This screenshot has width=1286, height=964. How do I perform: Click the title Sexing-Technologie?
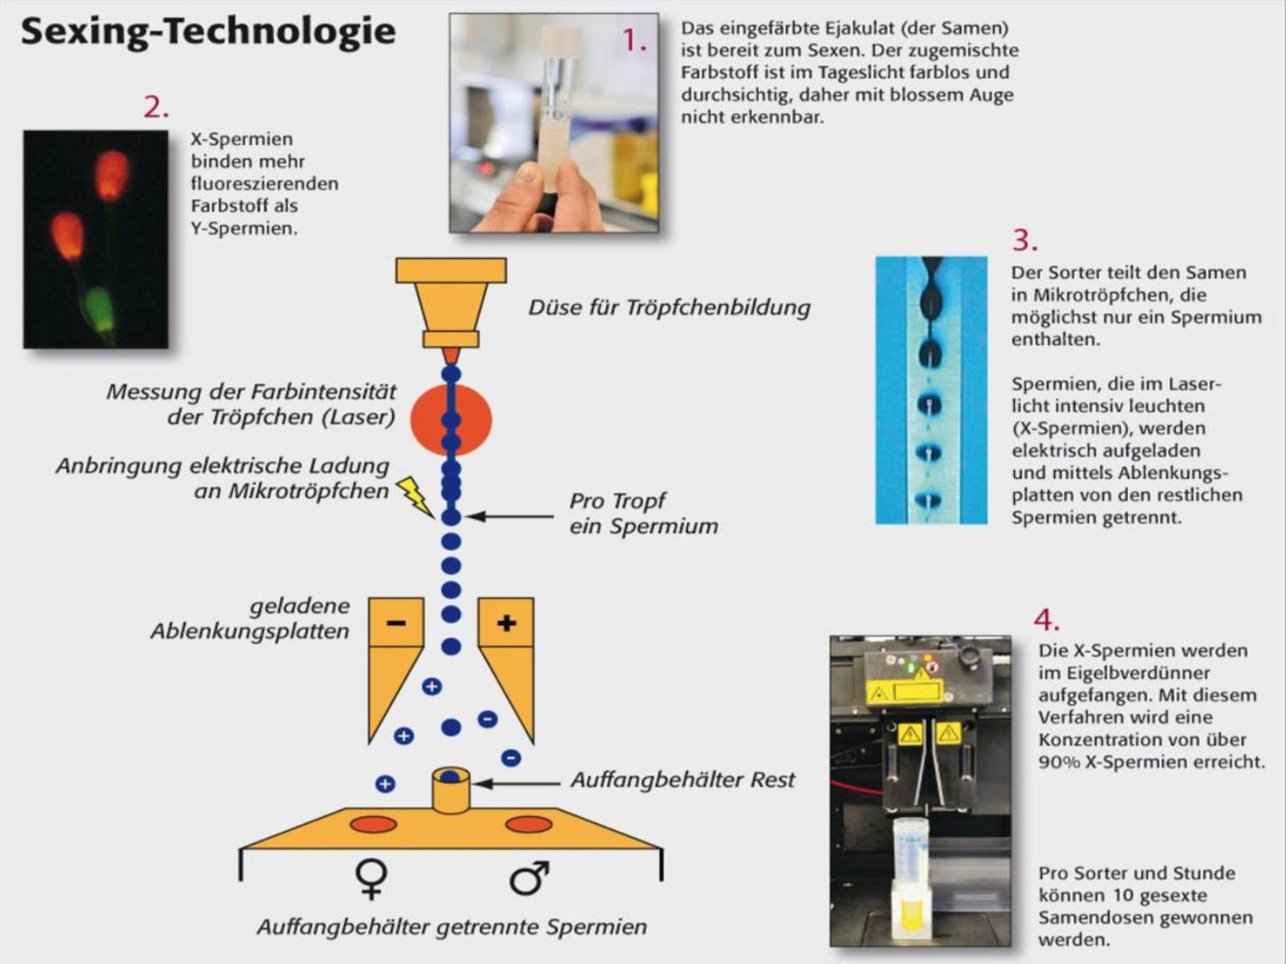(x=209, y=31)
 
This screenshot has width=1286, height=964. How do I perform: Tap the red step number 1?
(x=635, y=40)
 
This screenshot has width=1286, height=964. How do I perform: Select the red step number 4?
(x=1046, y=619)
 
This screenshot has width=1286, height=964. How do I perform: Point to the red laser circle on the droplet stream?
(x=450, y=420)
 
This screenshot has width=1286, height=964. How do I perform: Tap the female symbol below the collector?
(x=371, y=879)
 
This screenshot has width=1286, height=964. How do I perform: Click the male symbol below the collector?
(x=529, y=879)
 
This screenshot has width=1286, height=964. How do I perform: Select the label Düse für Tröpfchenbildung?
(x=669, y=308)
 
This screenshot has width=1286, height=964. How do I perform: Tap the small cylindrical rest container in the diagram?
(x=450, y=791)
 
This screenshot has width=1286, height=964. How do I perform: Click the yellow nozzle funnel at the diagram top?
(x=451, y=302)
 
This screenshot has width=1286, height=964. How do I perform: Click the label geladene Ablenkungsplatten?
(x=250, y=618)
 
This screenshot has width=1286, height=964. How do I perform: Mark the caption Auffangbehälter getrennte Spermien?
(x=451, y=927)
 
